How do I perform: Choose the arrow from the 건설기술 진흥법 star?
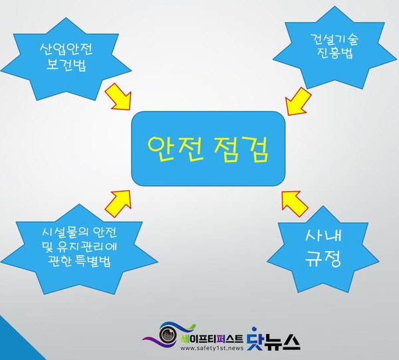pos(297,101)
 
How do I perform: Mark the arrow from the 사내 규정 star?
pos(293,202)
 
